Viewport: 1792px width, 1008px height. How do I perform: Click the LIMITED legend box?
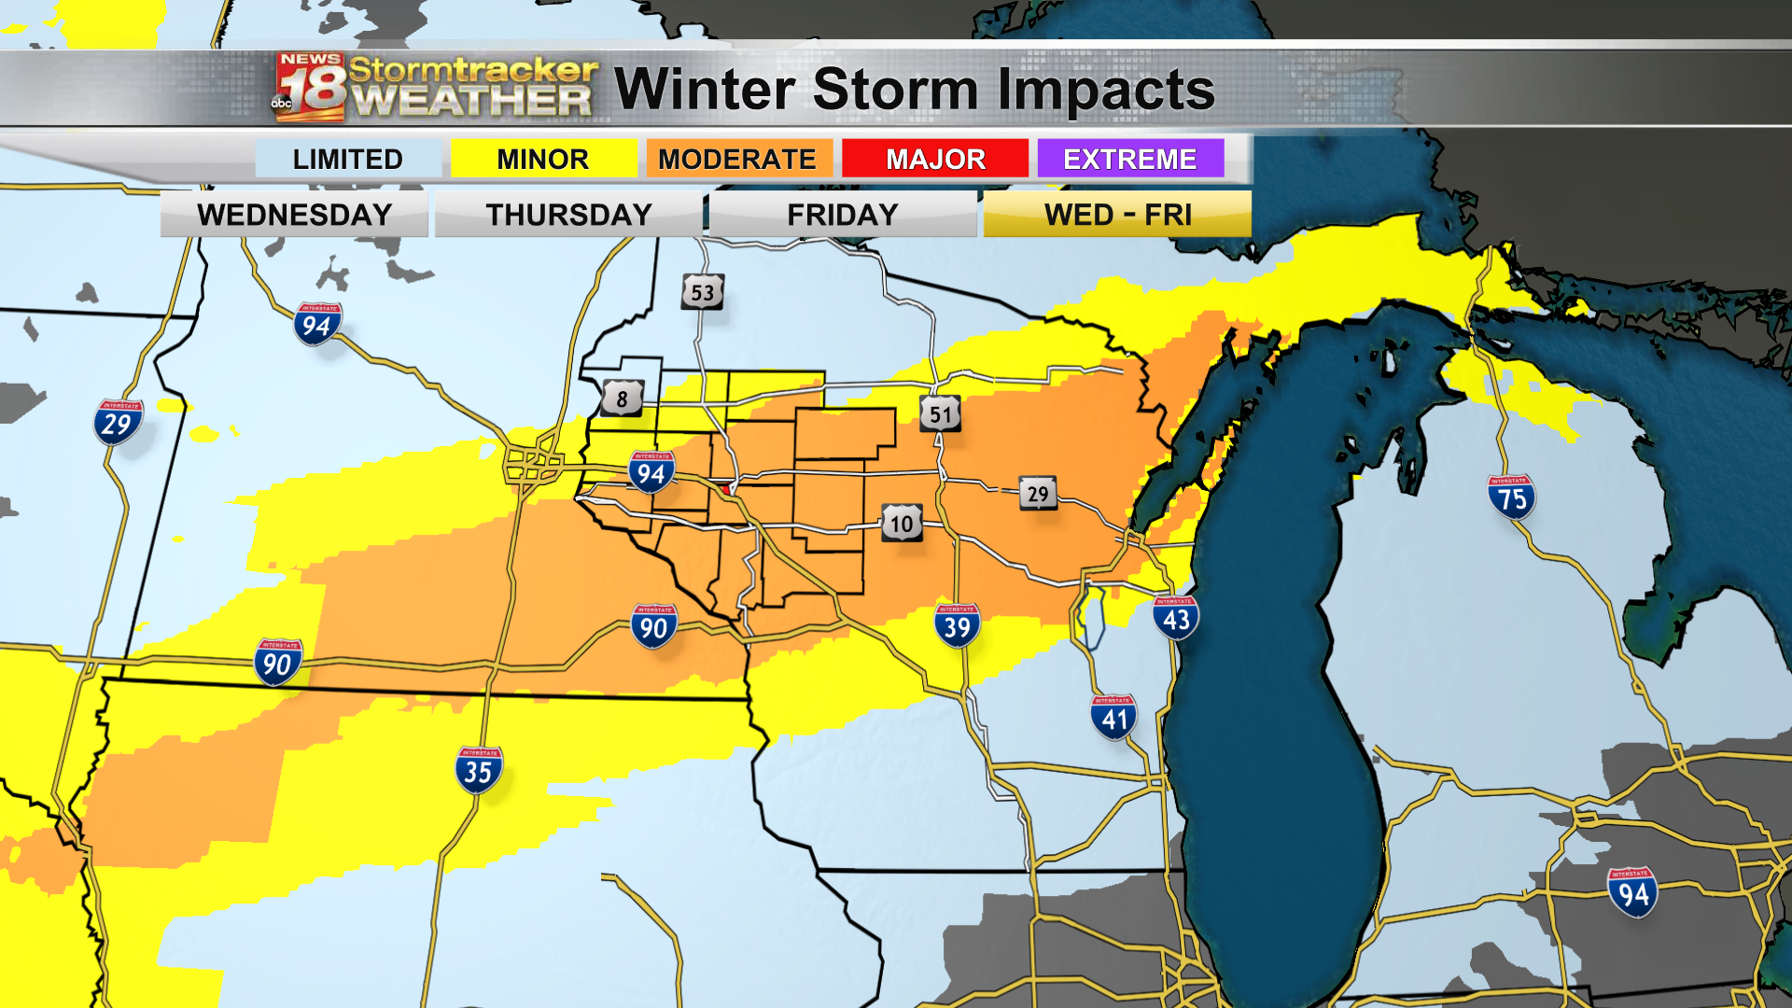(347, 159)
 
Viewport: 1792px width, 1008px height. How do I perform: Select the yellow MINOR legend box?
(543, 159)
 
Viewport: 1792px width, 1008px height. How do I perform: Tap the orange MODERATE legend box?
(738, 159)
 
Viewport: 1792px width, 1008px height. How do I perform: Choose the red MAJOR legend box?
(935, 159)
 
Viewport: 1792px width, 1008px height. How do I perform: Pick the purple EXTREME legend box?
(1130, 159)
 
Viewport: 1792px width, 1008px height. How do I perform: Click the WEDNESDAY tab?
(294, 215)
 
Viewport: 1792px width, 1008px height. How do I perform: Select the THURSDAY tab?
(568, 215)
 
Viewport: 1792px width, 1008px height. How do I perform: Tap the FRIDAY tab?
(843, 215)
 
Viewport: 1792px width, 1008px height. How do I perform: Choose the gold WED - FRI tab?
(1118, 215)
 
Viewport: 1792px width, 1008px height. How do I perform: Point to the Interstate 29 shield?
(118, 423)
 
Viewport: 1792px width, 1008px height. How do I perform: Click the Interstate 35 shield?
(479, 770)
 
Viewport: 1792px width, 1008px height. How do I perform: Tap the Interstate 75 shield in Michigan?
(1511, 497)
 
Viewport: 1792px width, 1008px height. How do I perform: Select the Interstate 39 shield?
(957, 625)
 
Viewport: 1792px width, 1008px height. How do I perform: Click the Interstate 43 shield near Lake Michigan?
(1176, 617)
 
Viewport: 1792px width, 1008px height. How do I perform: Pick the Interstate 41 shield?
(1113, 718)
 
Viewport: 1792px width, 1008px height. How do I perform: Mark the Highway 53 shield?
(702, 292)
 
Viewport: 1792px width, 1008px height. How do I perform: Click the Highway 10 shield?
(902, 524)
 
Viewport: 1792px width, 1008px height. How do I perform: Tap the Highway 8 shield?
(623, 399)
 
